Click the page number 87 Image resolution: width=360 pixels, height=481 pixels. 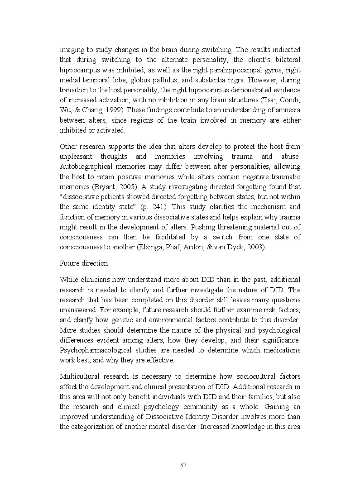pyautogui.click(x=183, y=465)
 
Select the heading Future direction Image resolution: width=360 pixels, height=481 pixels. pyautogui.click(x=84, y=263)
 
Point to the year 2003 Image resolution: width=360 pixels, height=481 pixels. pyautogui.click(x=256, y=247)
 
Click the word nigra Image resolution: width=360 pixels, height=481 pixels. pyautogui.click(x=267, y=80)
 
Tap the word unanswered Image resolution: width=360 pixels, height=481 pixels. pyautogui.click(x=75, y=310)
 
